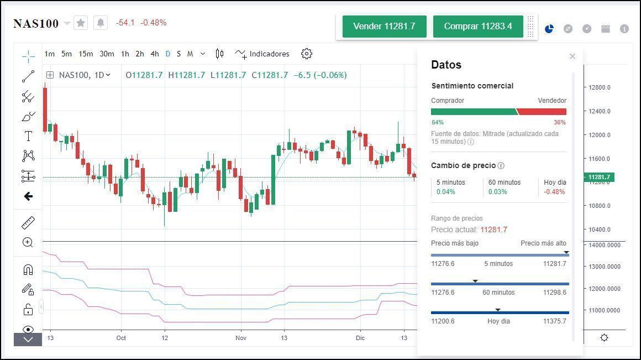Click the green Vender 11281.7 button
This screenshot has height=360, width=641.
point(384,27)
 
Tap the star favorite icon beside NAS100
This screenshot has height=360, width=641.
point(81,23)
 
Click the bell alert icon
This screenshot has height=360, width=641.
point(101,23)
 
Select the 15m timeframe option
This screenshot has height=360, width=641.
point(86,54)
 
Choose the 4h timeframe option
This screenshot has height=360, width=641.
point(155,54)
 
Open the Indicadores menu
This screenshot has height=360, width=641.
point(262,54)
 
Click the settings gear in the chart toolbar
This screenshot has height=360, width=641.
point(307,54)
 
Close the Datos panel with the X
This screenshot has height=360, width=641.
point(572,56)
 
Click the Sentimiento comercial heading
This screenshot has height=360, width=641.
point(472,86)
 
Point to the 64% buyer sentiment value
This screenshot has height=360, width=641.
point(437,122)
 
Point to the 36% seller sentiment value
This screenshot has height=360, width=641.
point(560,122)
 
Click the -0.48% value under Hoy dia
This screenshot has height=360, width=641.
point(554,192)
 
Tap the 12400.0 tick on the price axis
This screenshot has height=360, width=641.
point(600,111)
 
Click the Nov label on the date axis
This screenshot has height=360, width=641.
point(240,338)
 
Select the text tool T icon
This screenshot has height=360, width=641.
point(28,136)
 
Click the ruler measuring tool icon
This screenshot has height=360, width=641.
point(28,222)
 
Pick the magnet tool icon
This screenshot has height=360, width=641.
point(28,269)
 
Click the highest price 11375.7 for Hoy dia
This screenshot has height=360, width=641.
point(554,321)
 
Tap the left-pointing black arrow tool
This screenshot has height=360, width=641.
point(28,196)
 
